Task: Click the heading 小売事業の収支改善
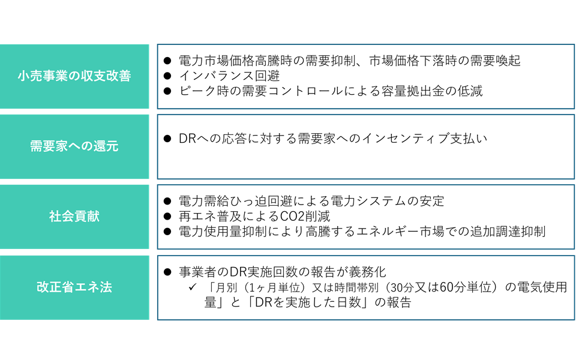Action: [74, 76]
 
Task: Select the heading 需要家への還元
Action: [74, 146]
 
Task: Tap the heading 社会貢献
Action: [74, 216]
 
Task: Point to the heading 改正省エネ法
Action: [74, 287]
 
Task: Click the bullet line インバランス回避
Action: [229, 76]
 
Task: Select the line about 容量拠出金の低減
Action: [331, 91]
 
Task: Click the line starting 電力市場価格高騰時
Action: [350, 61]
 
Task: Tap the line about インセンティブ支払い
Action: [333, 139]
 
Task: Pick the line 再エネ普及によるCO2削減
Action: [254, 217]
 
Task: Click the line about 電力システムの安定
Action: [311, 201]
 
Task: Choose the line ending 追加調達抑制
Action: [362, 232]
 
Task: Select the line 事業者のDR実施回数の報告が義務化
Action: [283, 272]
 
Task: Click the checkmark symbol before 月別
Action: [193, 287]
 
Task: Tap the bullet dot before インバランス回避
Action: [167, 76]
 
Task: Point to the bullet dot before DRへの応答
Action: [167, 139]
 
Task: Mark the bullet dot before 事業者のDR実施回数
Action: [167, 272]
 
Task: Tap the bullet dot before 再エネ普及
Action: [167, 217]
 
